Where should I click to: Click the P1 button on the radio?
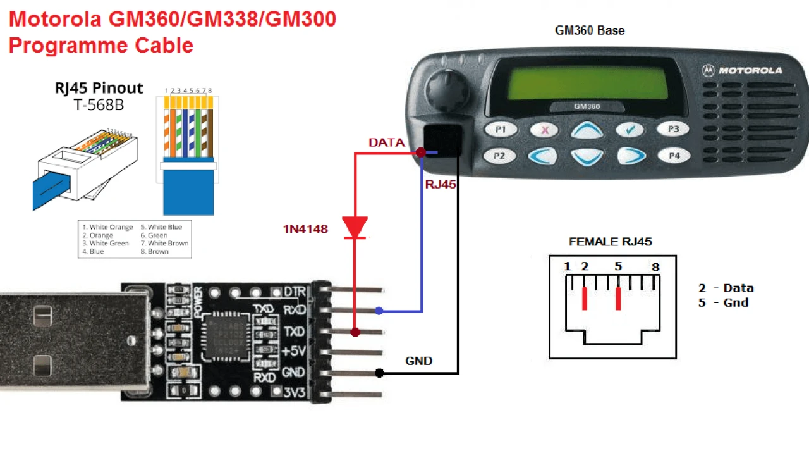[501, 130]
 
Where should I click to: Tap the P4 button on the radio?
[674, 155]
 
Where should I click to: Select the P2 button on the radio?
[500, 156]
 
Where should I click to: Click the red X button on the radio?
[544, 130]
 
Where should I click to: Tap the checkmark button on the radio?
[630, 130]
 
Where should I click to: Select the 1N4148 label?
[305, 229]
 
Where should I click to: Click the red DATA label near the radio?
[387, 143]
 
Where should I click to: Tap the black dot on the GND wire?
[379, 373]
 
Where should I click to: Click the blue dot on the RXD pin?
[379, 311]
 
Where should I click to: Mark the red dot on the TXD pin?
[355, 332]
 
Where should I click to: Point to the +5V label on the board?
[294, 352]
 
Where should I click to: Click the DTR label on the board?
[295, 292]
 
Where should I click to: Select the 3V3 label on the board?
[295, 393]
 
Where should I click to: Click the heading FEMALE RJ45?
[610, 242]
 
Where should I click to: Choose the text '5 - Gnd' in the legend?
[723, 302]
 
